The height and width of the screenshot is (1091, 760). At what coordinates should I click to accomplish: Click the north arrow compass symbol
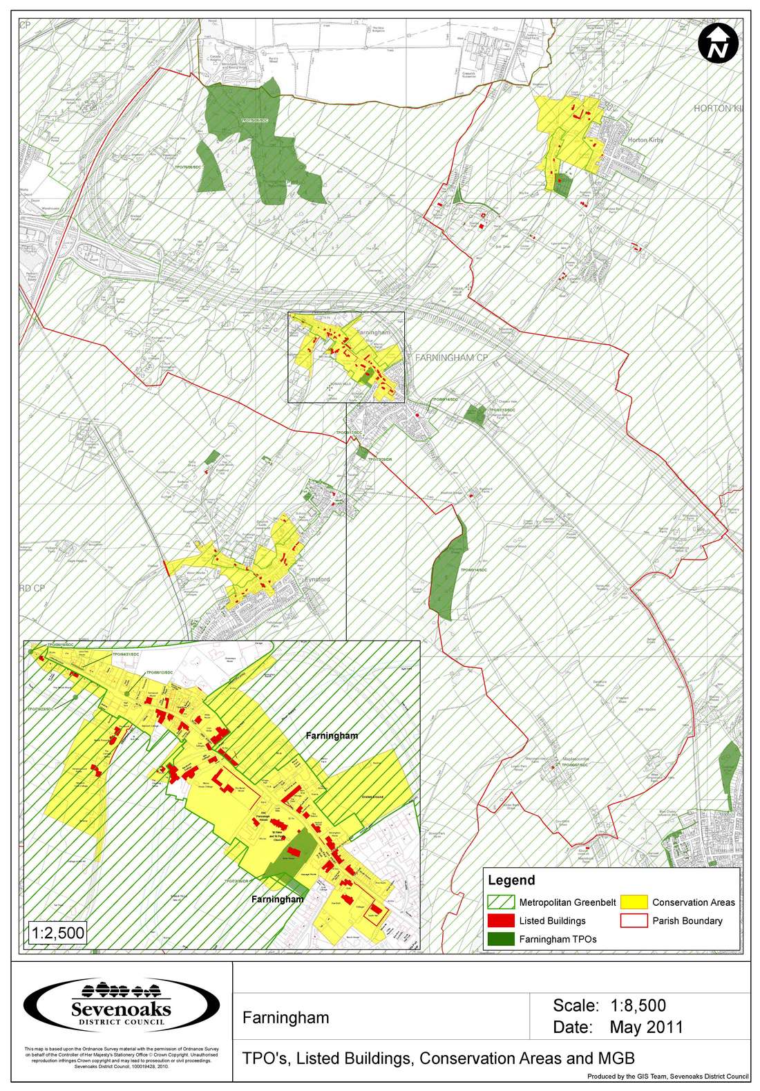(718, 44)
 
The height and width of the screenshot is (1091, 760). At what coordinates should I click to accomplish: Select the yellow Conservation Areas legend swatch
(634, 902)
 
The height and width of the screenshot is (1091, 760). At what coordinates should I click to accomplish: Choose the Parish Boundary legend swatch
(634, 920)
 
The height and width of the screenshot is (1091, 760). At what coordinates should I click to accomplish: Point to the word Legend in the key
(511, 880)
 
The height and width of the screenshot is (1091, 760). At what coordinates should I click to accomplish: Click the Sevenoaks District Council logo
(121, 1005)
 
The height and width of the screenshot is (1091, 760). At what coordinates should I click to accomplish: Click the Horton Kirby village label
(645, 140)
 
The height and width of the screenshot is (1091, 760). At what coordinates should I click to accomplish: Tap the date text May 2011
(646, 1027)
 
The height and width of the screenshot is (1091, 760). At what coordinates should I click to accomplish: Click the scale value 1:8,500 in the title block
(638, 1005)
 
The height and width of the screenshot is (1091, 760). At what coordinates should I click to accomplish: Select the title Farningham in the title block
(285, 1017)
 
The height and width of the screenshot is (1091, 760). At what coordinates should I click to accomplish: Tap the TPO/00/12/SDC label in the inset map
(158, 672)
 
